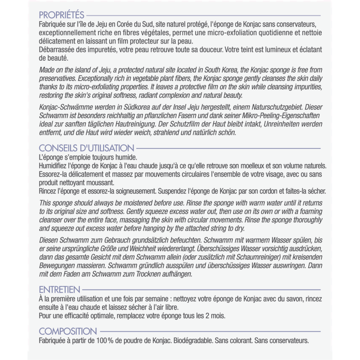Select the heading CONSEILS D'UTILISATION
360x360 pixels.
[86, 148]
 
